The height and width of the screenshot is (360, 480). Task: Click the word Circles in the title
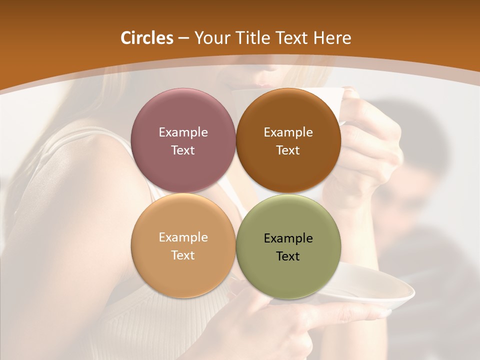146,38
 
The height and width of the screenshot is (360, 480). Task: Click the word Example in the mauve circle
183,132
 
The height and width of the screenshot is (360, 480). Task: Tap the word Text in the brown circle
288,150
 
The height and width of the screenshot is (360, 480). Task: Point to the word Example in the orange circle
183,237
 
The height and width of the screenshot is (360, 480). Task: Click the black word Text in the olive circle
288,256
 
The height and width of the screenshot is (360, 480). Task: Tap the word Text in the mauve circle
183,150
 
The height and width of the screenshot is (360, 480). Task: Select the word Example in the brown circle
288,132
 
